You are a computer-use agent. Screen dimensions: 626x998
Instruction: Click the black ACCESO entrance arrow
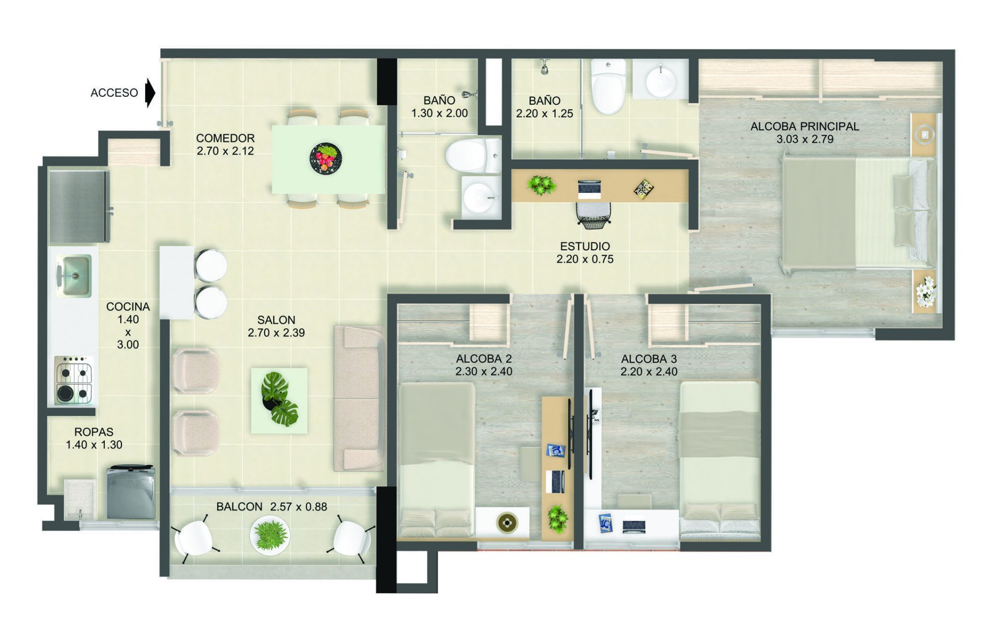pyautogui.click(x=150, y=93)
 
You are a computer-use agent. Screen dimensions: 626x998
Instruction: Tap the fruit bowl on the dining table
pyautogui.click(x=326, y=158)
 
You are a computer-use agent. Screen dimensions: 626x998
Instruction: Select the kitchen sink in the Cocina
pyautogui.click(x=74, y=275)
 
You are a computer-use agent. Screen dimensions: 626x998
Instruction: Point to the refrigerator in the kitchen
pyautogui.click(x=79, y=206)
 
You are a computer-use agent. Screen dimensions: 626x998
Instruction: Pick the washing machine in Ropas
pyautogui.click(x=131, y=493)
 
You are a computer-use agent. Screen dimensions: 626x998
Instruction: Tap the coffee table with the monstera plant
pyautogui.click(x=279, y=400)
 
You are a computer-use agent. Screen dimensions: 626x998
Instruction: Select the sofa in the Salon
pyautogui.click(x=359, y=398)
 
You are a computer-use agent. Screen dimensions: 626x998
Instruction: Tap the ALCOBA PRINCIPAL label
pyautogui.click(x=804, y=126)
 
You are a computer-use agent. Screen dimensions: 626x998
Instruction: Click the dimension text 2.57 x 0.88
pyautogui.click(x=298, y=507)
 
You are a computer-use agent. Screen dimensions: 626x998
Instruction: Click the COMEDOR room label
pyautogui.click(x=225, y=138)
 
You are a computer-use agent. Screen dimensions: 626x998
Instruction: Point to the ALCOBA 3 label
pyautogui.click(x=649, y=358)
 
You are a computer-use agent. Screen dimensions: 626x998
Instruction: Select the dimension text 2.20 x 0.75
pyautogui.click(x=585, y=259)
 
